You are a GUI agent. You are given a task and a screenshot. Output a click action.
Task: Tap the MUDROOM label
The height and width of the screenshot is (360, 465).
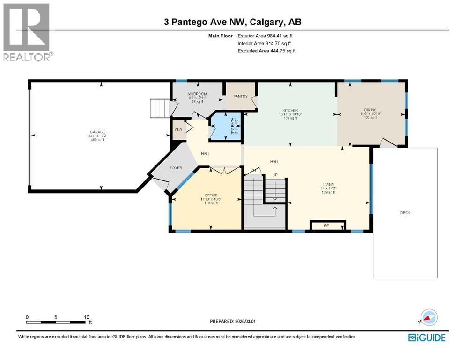(x=198, y=94)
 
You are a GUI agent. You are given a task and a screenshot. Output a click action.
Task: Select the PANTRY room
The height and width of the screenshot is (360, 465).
(x=240, y=96)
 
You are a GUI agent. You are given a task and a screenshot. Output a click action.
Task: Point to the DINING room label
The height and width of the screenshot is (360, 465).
(x=371, y=110)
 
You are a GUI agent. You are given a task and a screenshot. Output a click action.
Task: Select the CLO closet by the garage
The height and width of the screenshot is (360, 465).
(x=178, y=130)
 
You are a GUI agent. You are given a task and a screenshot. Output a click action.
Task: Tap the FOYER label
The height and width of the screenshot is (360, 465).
(x=176, y=168)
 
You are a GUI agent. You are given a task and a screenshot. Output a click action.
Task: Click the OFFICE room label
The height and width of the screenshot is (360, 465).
(x=211, y=195)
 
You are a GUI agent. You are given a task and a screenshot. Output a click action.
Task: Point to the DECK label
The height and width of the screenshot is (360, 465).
(x=405, y=213)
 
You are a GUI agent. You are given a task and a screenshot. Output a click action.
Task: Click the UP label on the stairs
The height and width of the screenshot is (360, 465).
(x=276, y=175)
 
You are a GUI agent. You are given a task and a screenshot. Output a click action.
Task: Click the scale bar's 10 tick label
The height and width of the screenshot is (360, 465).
(x=87, y=317)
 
